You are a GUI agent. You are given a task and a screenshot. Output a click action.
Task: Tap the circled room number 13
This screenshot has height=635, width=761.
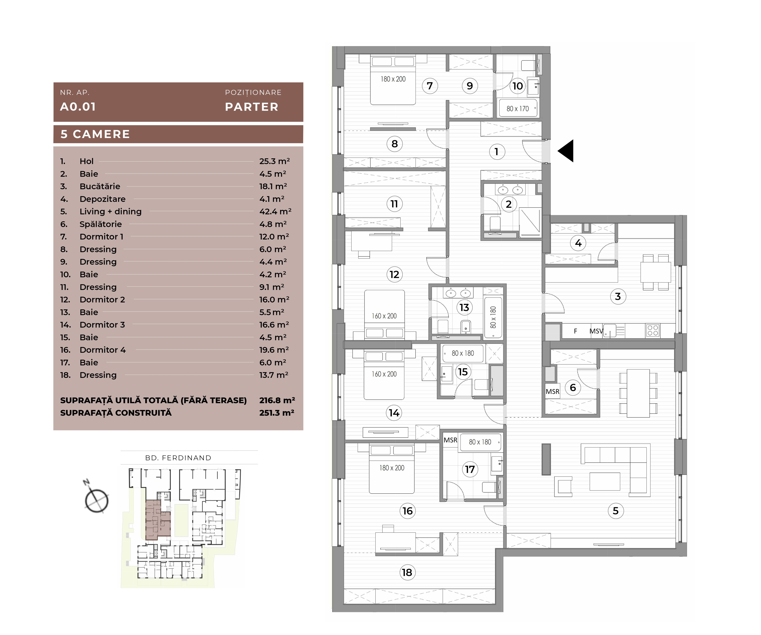click(464, 308)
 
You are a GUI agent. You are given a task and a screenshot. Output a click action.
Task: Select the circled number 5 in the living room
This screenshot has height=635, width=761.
click(615, 511)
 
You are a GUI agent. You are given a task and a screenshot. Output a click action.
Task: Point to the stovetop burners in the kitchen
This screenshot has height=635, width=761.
click(653, 330)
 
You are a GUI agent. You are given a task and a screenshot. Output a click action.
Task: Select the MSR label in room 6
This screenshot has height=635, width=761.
click(553, 392)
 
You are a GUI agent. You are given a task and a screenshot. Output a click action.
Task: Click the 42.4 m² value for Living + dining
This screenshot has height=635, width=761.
click(275, 211)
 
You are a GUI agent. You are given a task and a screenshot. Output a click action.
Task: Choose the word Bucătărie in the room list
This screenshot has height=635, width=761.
click(100, 186)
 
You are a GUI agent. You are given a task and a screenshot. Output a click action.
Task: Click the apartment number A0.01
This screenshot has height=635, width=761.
click(78, 107)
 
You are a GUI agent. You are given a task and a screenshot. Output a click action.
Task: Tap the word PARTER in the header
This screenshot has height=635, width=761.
click(251, 107)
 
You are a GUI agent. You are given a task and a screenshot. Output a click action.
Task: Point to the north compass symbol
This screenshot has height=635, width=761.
click(96, 499)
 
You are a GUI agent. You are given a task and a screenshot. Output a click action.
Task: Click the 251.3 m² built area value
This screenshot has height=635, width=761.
click(276, 413)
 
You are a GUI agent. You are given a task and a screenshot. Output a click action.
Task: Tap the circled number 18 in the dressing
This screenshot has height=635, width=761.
click(407, 572)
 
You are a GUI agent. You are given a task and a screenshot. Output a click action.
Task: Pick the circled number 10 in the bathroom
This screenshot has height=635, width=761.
click(517, 86)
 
